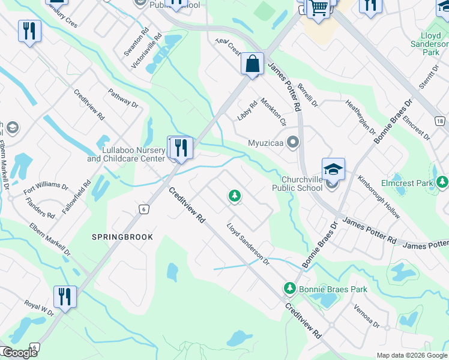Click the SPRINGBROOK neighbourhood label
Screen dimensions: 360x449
[122, 237]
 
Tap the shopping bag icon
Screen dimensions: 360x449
[253, 64]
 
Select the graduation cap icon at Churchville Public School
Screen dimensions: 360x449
[333, 170]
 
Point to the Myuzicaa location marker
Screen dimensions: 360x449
[293, 143]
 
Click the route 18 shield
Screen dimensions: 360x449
[441, 121]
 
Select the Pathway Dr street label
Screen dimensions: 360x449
[123, 99]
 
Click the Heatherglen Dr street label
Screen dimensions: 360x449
[360, 117]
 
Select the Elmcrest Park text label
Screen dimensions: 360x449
[407, 182]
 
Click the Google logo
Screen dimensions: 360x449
[19, 353]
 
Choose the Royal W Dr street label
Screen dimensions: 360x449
[39, 309]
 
